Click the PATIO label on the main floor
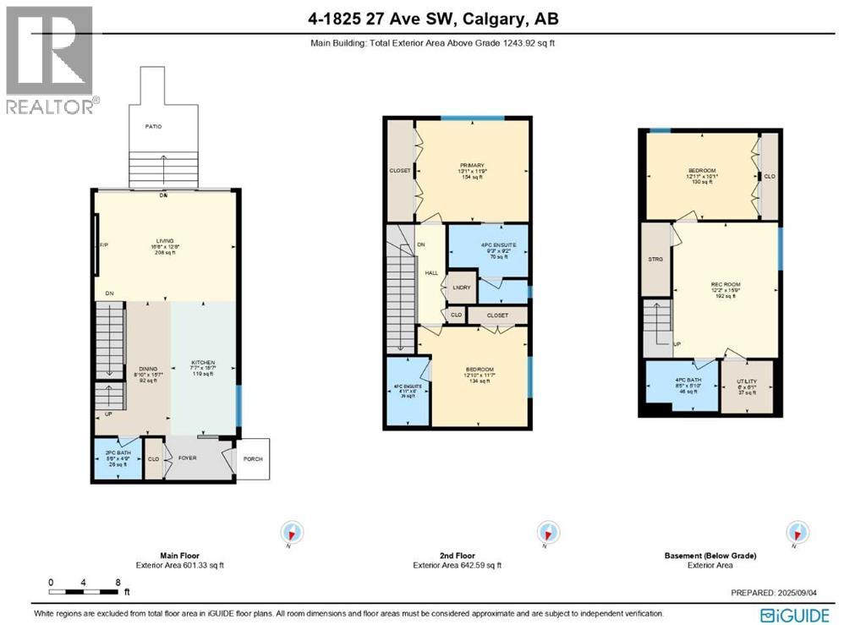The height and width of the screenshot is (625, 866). pos(152,126)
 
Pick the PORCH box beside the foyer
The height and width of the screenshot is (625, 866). pos(252,459)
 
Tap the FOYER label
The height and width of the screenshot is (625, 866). pos(187,458)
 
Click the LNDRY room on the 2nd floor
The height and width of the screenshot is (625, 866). pos(462,288)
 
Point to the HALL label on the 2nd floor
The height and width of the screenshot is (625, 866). pos(431,273)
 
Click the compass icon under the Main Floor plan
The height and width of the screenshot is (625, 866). pos(292,533)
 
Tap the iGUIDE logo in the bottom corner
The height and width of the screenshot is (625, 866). pos(795,615)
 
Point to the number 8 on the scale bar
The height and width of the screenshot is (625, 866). pos(118,583)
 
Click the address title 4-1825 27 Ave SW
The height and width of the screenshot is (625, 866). pos(432,19)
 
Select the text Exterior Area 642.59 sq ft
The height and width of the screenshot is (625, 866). pos(457,565)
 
